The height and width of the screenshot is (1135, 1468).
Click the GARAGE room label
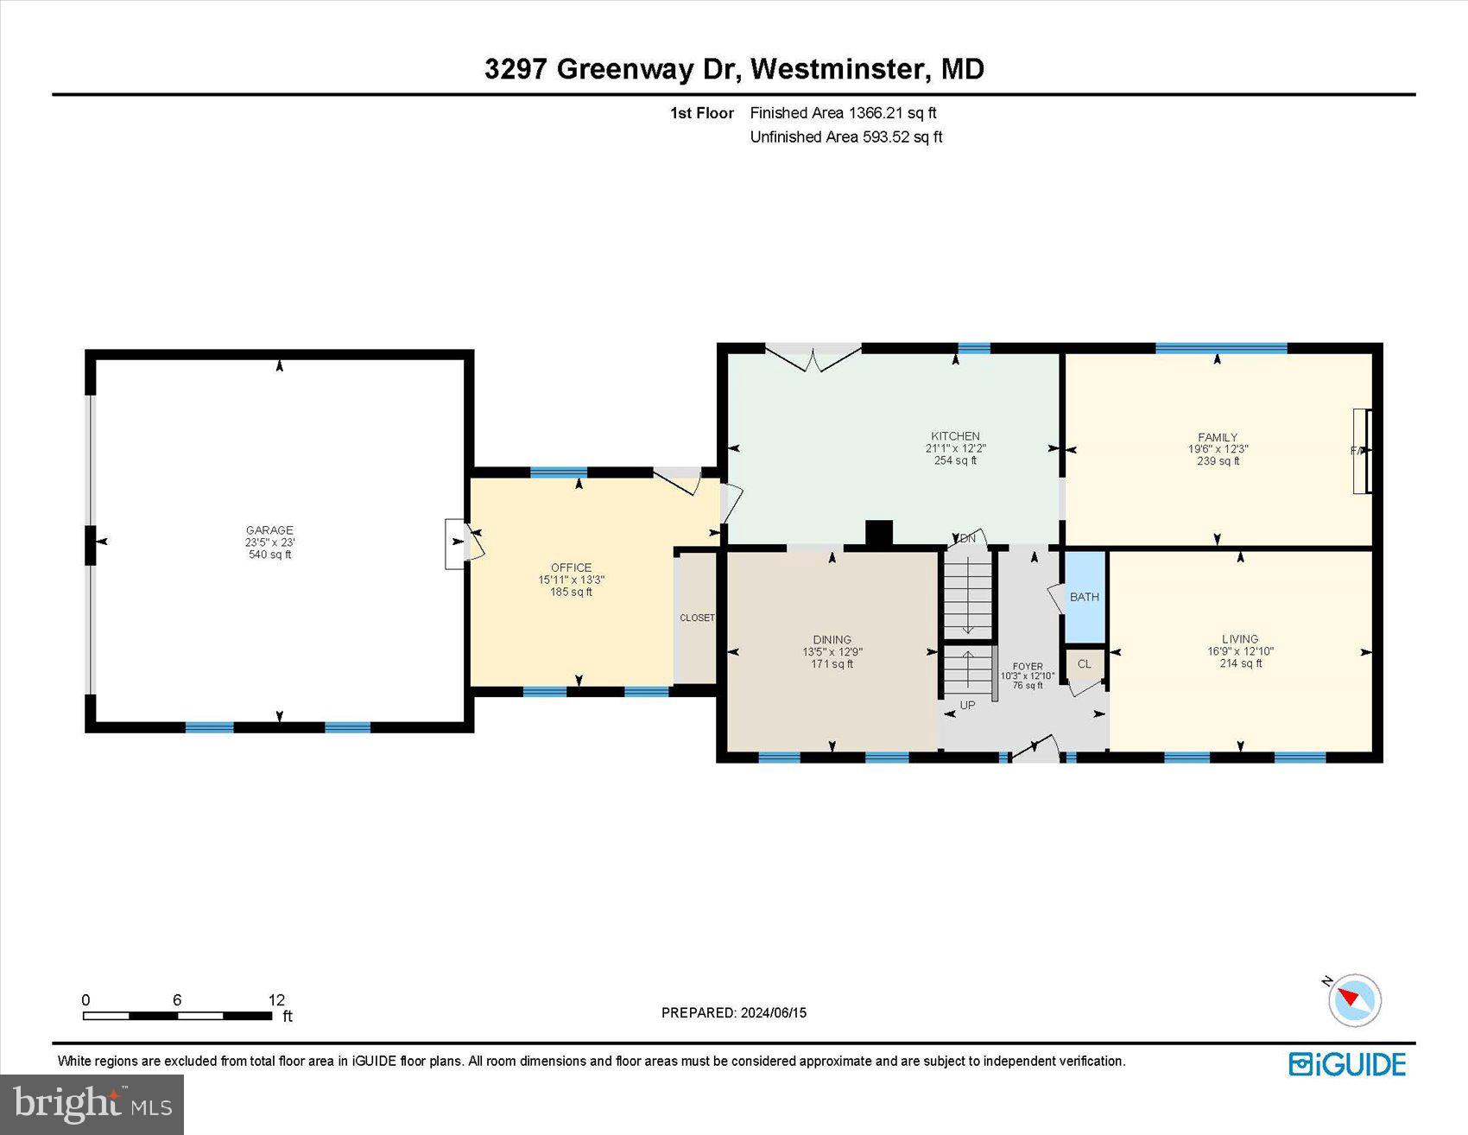coord(269,530)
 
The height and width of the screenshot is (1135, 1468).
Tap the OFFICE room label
coord(571,567)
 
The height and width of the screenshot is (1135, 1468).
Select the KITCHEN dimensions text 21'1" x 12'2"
coord(955,448)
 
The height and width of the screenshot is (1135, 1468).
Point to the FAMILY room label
coord(1218,437)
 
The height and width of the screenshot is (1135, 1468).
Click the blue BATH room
coord(1085,597)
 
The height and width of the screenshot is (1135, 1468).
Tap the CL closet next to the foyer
coord(1085,664)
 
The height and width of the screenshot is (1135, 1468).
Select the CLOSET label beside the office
coord(697,618)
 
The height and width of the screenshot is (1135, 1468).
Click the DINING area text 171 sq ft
coord(832,664)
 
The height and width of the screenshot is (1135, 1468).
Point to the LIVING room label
coord(1240,639)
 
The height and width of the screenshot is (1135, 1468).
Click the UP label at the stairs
coord(967,705)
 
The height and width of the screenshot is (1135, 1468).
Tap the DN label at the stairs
coord(967,538)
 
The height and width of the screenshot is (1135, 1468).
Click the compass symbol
coord(1354,1000)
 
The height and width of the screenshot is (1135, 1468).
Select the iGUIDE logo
coord(1347,1064)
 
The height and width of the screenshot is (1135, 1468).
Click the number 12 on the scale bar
coord(276,999)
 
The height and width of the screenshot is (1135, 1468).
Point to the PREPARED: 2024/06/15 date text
coord(733,1012)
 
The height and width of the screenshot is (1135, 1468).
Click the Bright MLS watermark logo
coord(92,1104)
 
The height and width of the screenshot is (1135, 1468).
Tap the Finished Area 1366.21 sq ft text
coord(843,112)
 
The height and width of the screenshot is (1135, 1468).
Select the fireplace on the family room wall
coord(1362,450)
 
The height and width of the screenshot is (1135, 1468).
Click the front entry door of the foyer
coord(1035,750)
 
